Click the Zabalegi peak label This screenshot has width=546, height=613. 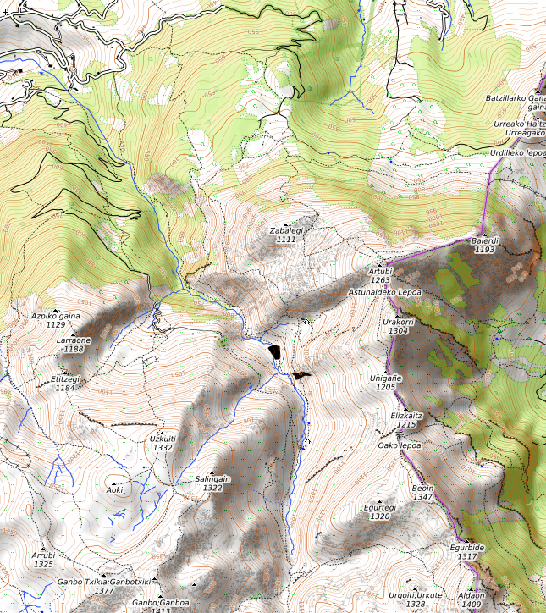286,230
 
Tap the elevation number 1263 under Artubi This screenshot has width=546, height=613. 380,280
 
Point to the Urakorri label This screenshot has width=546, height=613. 398,322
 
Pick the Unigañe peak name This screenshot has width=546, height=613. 385,378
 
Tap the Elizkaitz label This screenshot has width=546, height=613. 406,416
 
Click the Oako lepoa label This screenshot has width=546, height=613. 400,445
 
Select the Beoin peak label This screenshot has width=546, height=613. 422,489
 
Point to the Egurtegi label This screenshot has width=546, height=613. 380,507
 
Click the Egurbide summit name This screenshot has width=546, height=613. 467,548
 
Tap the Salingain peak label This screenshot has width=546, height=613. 212,478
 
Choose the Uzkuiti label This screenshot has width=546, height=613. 163,439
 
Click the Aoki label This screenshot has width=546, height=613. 115,489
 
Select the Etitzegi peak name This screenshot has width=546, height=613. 65,379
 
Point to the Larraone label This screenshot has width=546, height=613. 74,340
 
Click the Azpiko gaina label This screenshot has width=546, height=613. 56,315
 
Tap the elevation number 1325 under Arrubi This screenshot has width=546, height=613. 43,564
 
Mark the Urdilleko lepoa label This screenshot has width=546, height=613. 517,153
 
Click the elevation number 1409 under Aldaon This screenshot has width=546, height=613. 472,605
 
